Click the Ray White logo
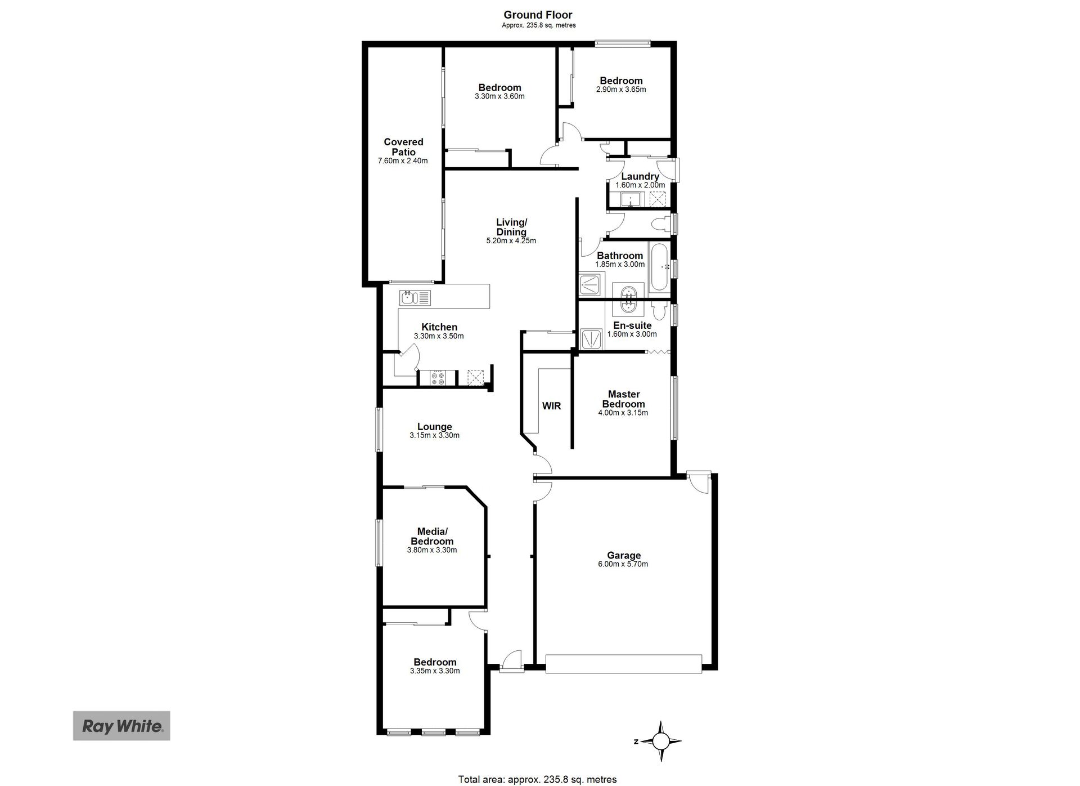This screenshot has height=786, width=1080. coord(121,726)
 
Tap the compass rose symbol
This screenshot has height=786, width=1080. coord(661,741)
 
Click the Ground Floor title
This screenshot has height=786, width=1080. coord(538,15)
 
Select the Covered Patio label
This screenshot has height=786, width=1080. coord(403,147)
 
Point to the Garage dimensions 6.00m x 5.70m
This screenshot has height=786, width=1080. coord(624,564)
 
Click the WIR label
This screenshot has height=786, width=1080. coord(551,406)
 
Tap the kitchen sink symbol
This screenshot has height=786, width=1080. coord(415,297)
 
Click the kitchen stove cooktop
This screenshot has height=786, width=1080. coord(438,378)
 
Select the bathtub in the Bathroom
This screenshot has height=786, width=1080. coord(659,267)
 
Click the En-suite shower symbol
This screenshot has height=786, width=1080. coord(591,338)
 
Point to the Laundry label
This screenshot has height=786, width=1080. coord(640,176)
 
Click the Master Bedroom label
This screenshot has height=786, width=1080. coord(623,399)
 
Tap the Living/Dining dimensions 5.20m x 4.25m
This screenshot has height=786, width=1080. coord(511,241)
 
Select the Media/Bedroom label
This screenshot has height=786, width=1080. coord(432,537)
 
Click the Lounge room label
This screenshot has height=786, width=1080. coord(435,427)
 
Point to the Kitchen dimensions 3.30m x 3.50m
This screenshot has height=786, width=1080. coord(439,336)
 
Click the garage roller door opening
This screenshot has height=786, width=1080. coord(624,663)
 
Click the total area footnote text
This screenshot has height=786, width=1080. coord(537,780)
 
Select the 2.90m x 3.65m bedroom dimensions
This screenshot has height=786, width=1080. coord(621,90)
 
